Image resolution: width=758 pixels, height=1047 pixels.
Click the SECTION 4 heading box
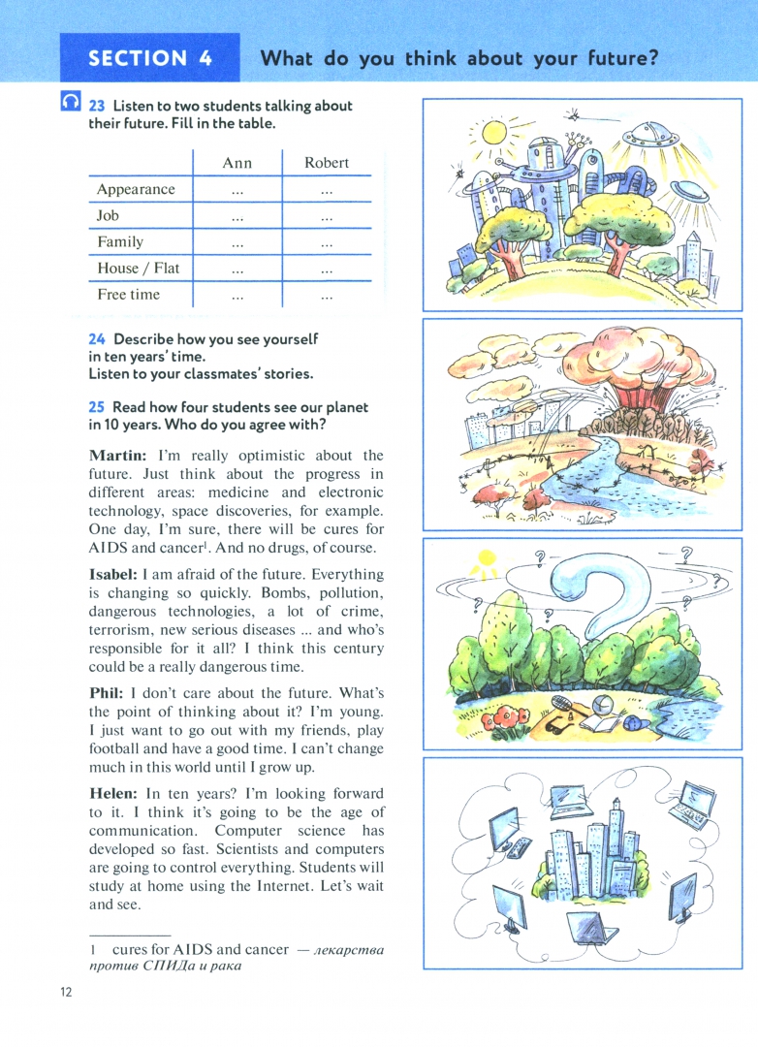click(149, 57)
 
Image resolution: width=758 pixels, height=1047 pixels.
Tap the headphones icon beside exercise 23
click(71, 101)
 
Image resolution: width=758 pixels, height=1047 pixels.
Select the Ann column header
click(237, 163)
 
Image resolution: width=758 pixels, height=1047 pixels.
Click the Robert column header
click(327, 163)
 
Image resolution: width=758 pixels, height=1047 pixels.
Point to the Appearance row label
click(136, 189)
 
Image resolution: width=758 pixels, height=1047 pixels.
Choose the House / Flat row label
click(138, 268)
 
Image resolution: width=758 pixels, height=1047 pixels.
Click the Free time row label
click(128, 294)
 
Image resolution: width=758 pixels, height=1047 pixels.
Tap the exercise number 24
click(97, 339)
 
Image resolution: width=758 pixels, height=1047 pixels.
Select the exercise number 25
click(97, 407)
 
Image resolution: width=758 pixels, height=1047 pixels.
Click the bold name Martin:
click(117, 455)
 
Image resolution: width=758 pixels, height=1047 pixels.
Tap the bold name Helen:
click(113, 793)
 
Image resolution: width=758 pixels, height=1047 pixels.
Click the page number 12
click(66, 992)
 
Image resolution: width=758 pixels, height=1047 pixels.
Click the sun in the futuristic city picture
click(494, 131)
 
